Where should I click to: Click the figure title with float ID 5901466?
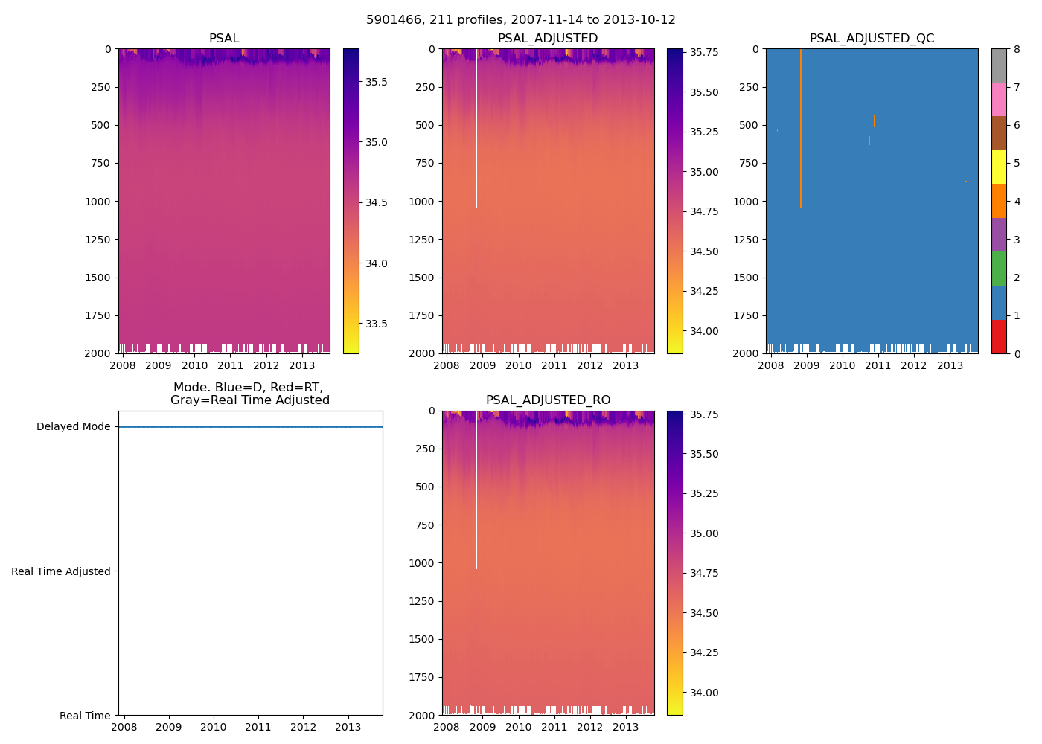(x=520, y=20)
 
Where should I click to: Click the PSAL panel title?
(x=224, y=39)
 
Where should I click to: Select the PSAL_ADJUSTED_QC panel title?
(x=872, y=39)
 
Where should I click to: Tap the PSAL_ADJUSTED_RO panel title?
(x=548, y=400)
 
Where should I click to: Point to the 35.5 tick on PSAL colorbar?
(x=376, y=82)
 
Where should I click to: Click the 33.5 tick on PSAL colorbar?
(x=376, y=324)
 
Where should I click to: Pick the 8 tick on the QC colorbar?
(x=1017, y=49)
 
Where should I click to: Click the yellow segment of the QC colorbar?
(x=999, y=167)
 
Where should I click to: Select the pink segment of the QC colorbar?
(x=999, y=100)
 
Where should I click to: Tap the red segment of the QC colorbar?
(x=999, y=336)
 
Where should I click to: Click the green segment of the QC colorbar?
(x=999, y=269)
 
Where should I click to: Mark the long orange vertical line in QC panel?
(x=801, y=126)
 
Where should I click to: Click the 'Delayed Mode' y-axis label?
(x=73, y=427)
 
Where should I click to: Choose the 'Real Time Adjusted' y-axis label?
(x=61, y=571)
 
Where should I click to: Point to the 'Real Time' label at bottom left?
(x=85, y=716)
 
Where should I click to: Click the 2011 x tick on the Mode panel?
(x=258, y=727)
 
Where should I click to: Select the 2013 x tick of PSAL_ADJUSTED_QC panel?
(x=950, y=365)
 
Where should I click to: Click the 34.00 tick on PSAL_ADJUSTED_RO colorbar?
(x=704, y=693)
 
